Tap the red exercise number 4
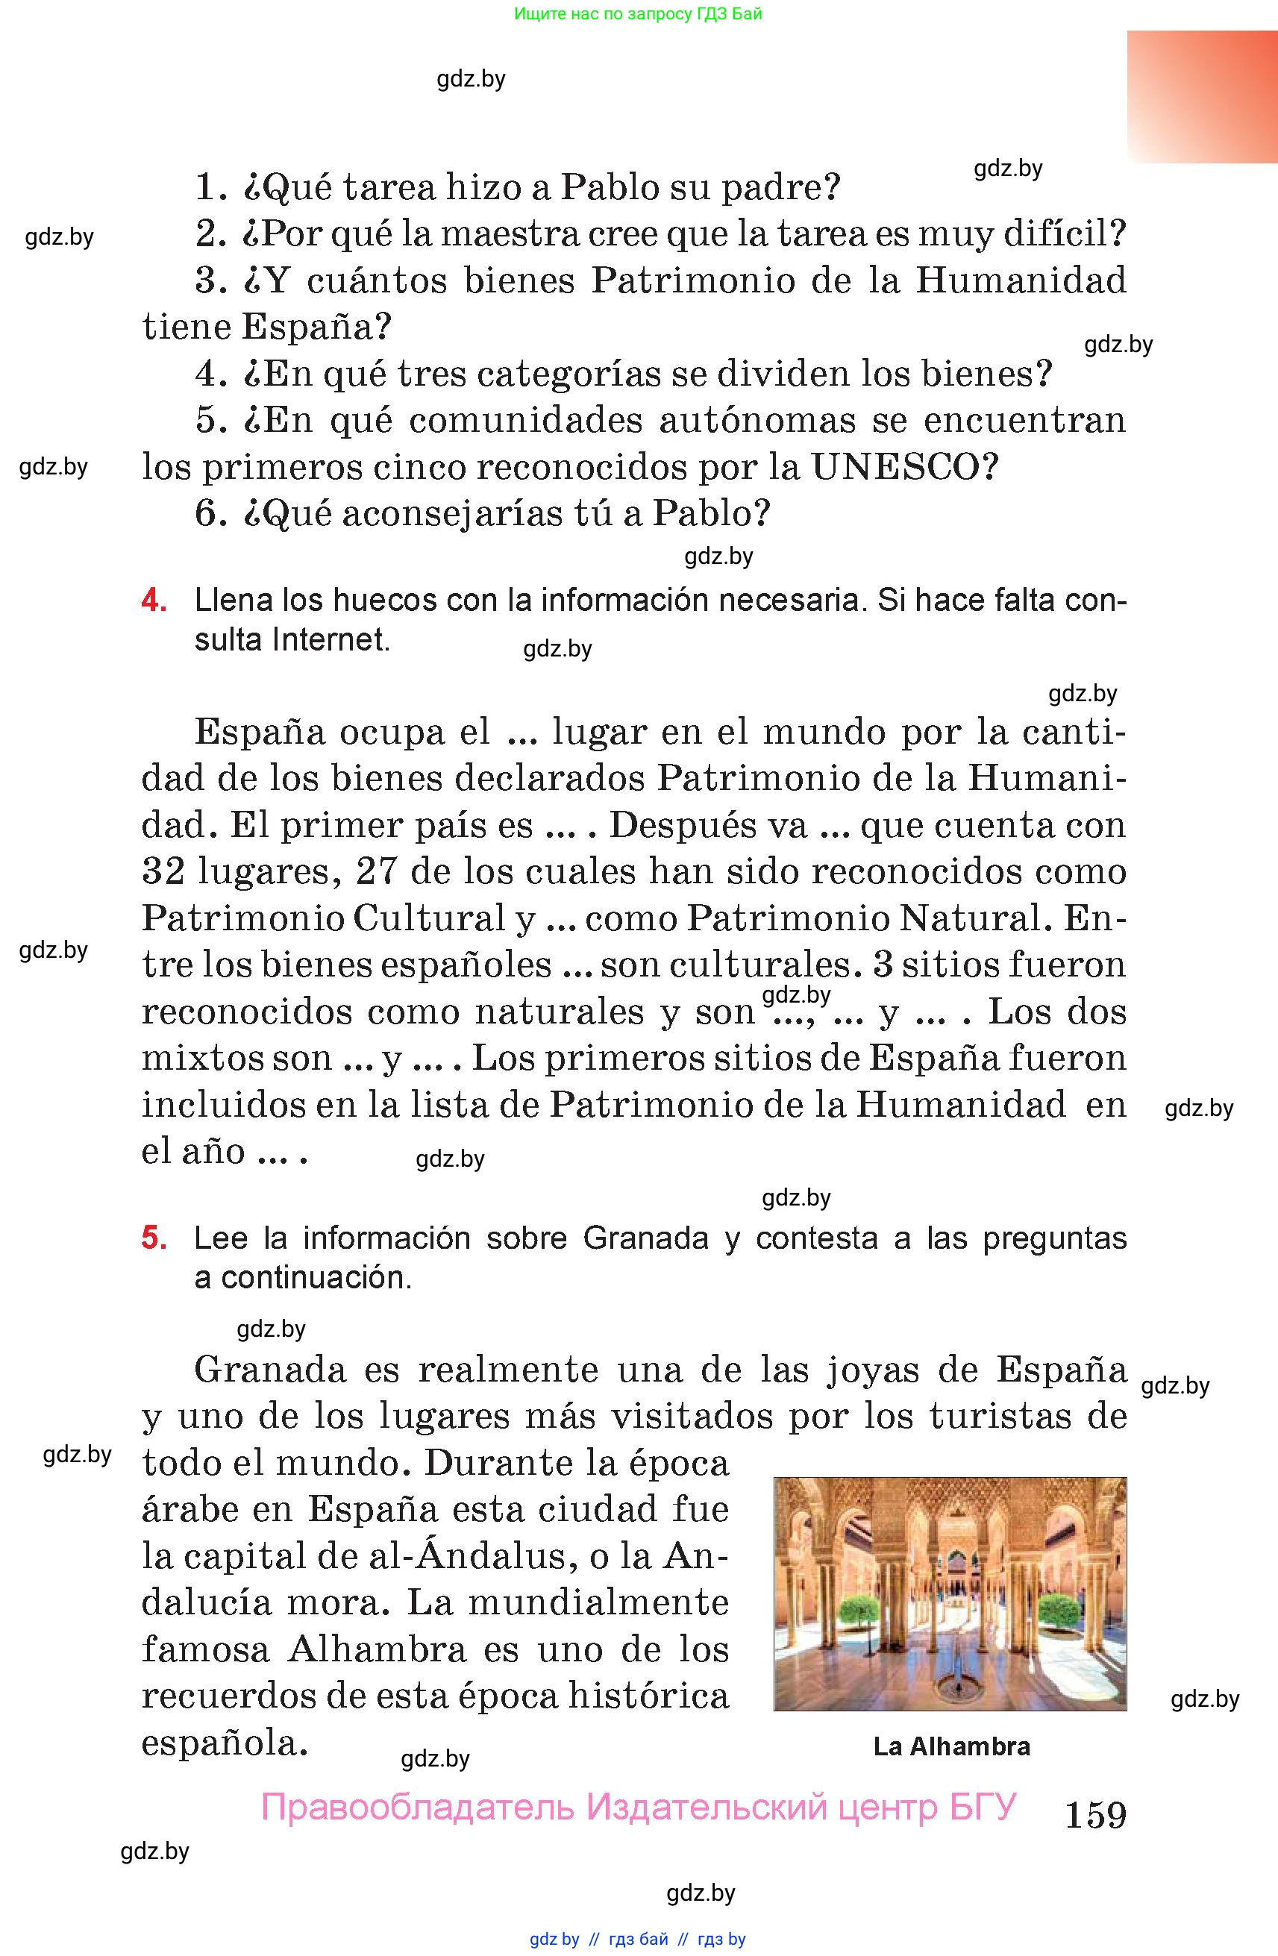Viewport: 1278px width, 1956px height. pyautogui.click(x=154, y=600)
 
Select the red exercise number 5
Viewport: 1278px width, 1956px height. pyautogui.click(x=154, y=1237)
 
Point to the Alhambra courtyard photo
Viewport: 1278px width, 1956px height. pyautogui.click(x=949, y=1593)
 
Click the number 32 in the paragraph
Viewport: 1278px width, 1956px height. pyautogui.click(x=163, y=871)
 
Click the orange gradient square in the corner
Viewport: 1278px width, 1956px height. pyautogui.click(x=1202, y=96)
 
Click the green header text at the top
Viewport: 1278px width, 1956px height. pyautogui.click(x=638, y=13)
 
